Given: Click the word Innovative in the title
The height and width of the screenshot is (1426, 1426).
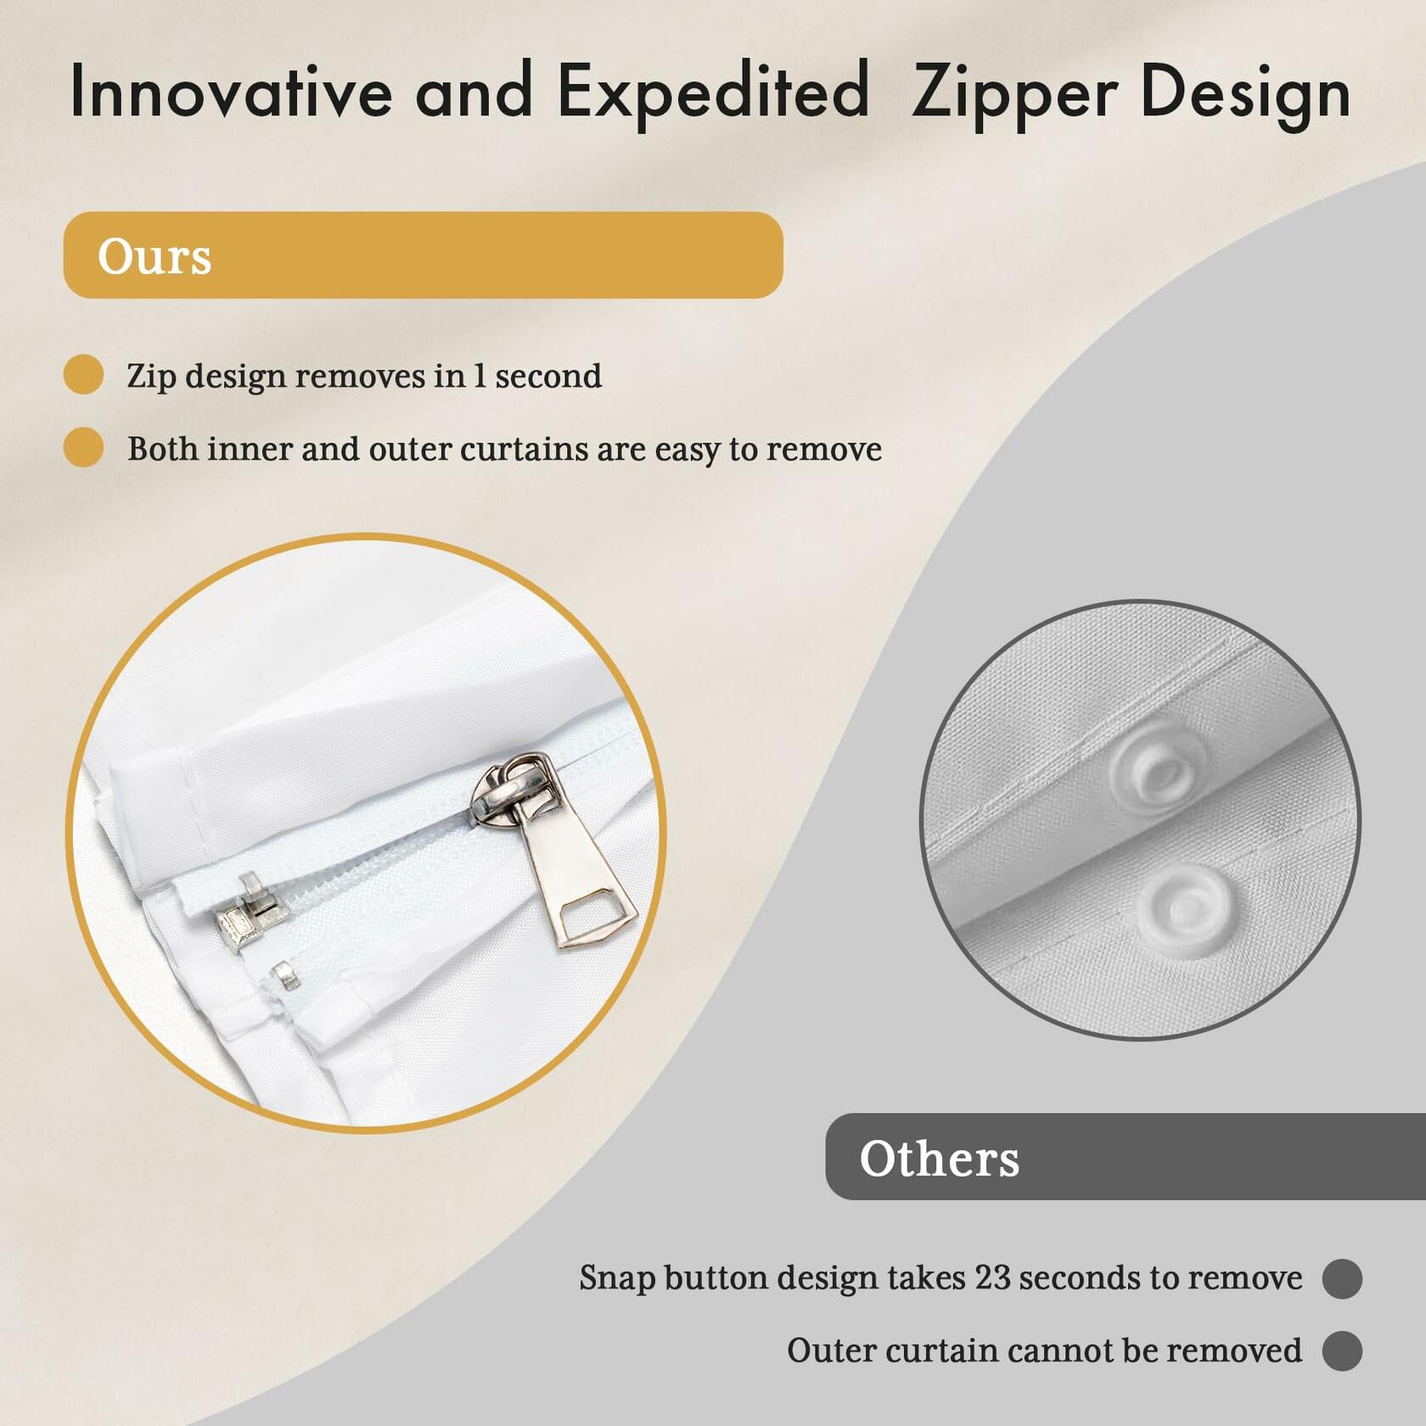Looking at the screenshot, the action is click(231, 91).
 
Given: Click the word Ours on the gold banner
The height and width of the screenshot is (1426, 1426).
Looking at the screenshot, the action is click(154, 256).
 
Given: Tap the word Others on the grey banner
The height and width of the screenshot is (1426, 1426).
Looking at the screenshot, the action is click(939, 1158).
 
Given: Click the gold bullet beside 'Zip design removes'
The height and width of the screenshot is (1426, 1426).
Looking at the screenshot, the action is click(84, 374).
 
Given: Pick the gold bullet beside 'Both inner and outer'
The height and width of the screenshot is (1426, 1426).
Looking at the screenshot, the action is click(84, 447).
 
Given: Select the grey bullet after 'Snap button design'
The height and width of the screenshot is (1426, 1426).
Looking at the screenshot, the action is click(1342, 1278).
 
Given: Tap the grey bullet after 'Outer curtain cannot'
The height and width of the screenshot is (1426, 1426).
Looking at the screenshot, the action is click(1342, 1350).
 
